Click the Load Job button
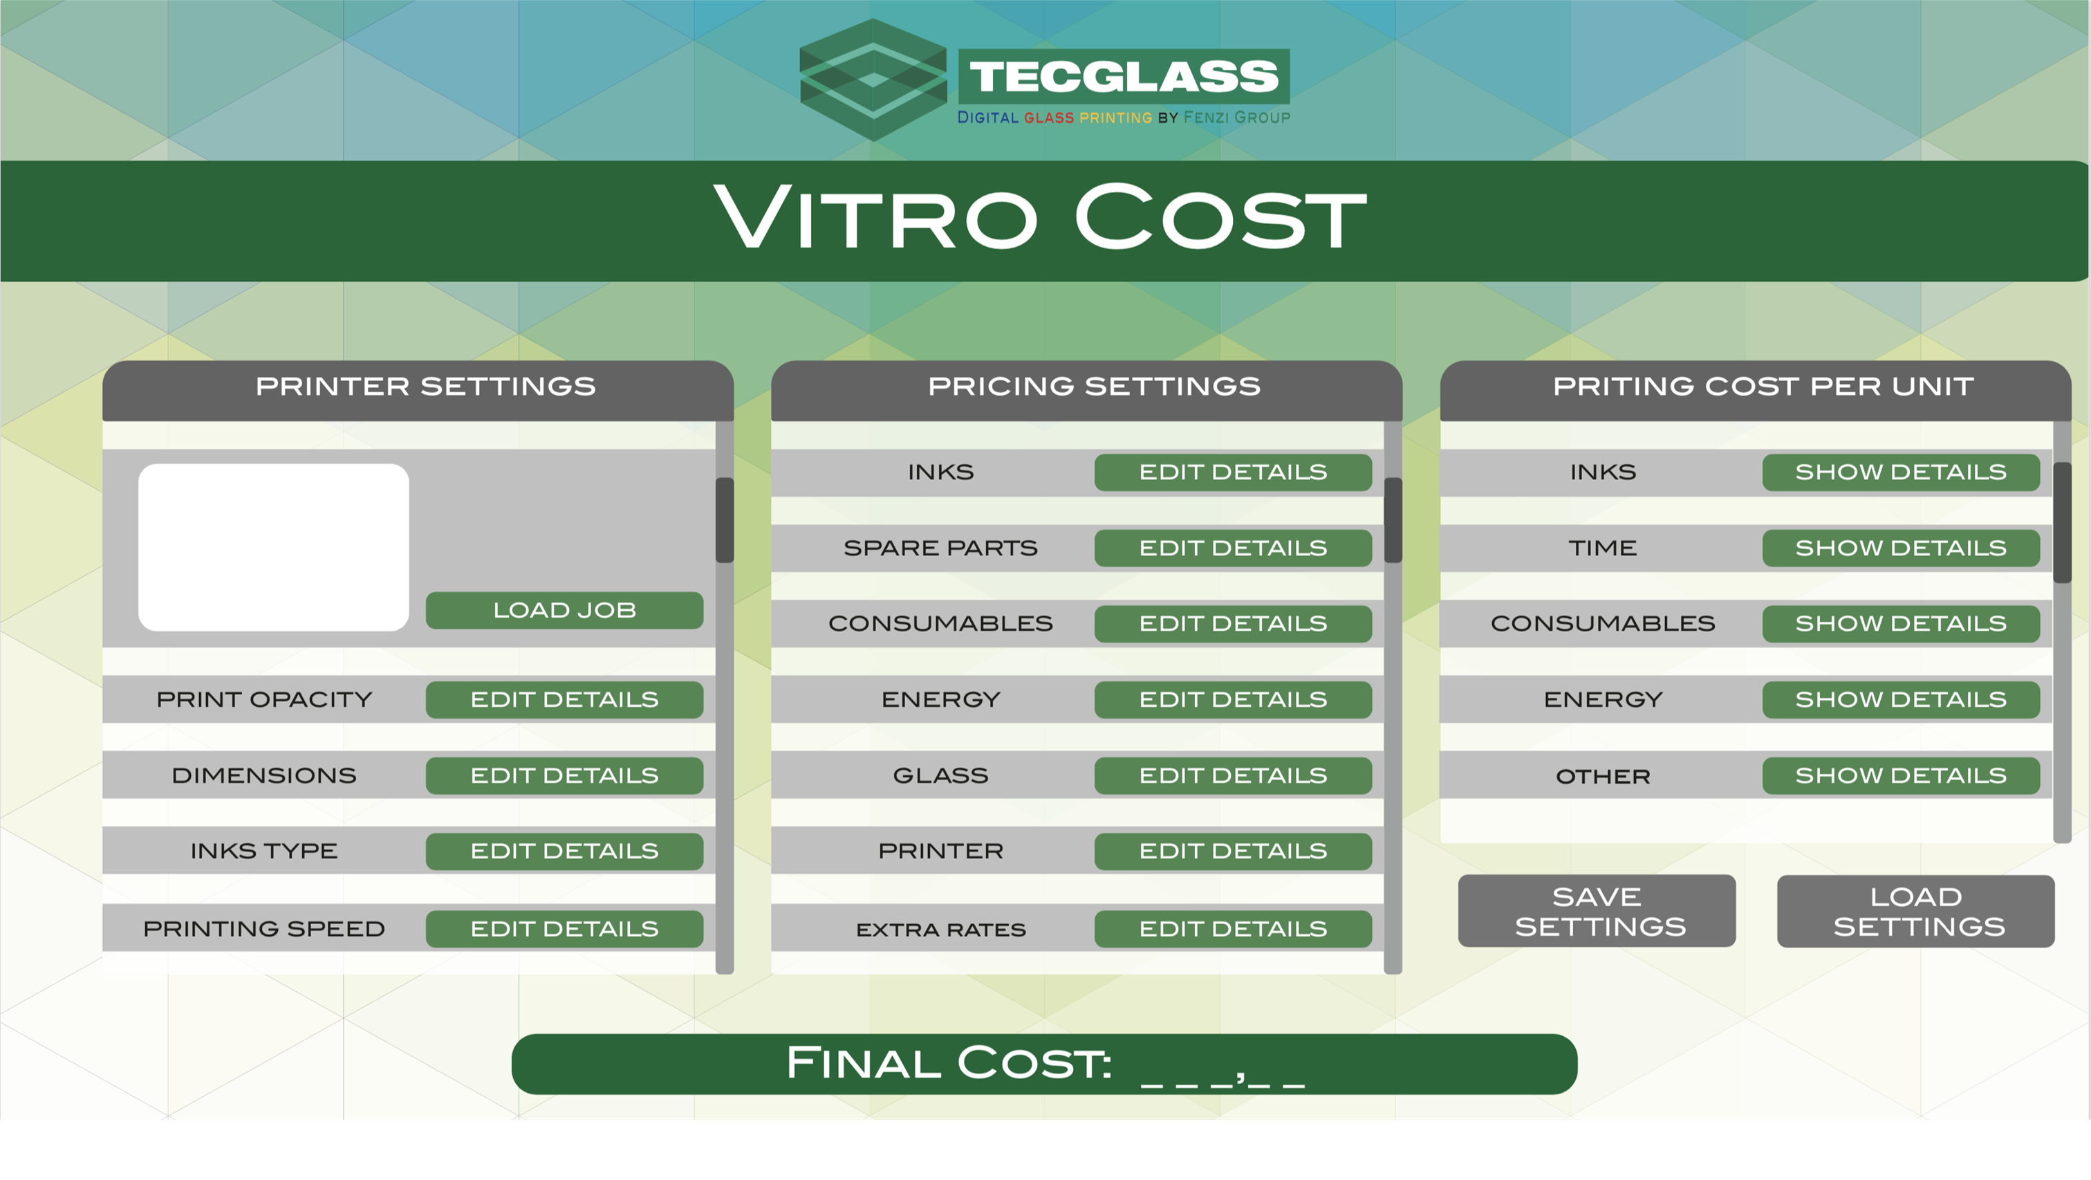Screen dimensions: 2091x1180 [564, 610]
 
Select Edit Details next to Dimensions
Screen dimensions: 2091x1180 [564, 775]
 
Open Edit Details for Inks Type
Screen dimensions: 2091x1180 [564, 851]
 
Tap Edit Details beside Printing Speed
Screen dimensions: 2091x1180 [564, 928]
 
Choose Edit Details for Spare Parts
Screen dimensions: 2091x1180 [1233, 548]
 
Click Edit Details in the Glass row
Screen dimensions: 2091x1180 [1233, 775]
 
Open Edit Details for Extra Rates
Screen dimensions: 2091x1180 [1233, 928]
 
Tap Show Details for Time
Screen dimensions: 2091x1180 [1900, 548]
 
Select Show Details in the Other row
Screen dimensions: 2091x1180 [1900, 775]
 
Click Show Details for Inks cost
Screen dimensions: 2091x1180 [1900, 472]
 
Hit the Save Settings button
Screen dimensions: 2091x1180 [1597, 910]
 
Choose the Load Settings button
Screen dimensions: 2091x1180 [1915, 910]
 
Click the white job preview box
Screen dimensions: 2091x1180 [274, 547]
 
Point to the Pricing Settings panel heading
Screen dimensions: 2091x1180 [1094, 386]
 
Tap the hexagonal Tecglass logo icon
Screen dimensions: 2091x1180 [873, 80]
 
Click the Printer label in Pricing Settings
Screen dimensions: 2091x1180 [941, 851]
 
